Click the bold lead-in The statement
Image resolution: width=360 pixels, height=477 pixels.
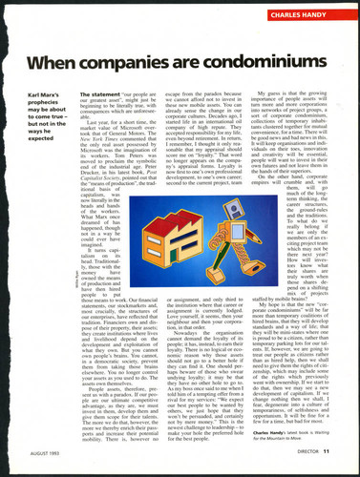[100, 95]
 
